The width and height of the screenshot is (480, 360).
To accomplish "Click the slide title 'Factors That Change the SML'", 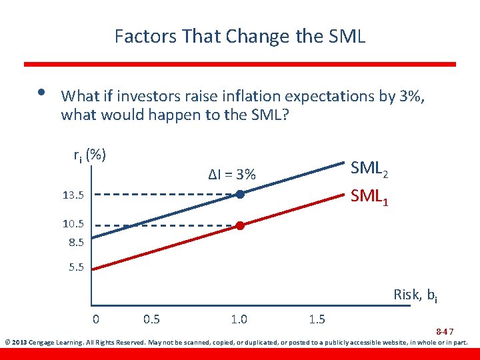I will tap(240, 35).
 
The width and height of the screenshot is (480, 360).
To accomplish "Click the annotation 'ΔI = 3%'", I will tap(231, 175).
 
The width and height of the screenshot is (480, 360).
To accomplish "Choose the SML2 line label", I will tap(369, 169).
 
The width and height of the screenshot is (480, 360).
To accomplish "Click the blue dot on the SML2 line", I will tap(240, 195).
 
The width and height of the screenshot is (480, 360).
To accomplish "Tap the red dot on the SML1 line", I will tap(240, 226).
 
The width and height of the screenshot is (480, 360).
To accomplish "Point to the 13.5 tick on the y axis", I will tap(73, 195).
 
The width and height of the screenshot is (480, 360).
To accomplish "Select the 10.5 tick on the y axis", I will tap(73, 225).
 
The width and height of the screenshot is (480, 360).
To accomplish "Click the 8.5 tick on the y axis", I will tap(75, 242).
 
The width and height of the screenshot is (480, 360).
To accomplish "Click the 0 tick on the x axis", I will tap(96, 319).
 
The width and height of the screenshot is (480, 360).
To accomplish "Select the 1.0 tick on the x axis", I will tap(239, 319).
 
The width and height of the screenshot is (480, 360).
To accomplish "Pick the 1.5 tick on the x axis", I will tap(317, 319).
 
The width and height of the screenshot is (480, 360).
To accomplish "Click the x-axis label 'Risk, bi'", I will tap(415, 295).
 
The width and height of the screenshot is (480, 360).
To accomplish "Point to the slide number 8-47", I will tap(445, 331).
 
